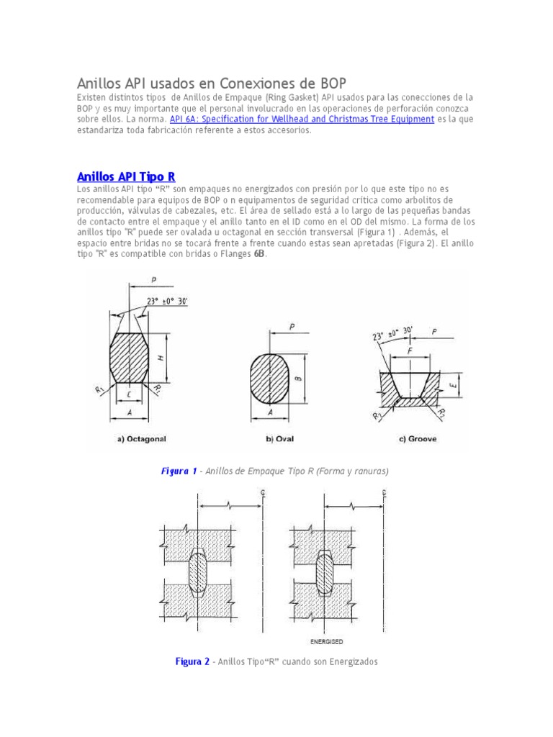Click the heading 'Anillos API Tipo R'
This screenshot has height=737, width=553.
(x=126, y=176)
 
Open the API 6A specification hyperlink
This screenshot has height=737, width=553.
(x=302, y=119)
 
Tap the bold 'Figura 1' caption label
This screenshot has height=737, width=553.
(x=179, y=471)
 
